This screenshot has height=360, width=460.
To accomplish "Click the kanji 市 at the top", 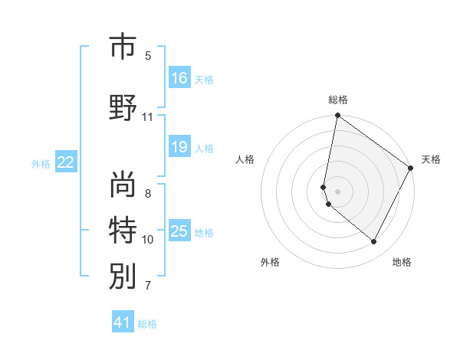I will click(123, 47).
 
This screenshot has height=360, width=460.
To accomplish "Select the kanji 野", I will click(123, 107).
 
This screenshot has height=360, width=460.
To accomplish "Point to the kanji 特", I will click(123, 229).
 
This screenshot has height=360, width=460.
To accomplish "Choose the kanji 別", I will click(123, 275).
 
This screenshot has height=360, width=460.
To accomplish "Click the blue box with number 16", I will click(179, 77).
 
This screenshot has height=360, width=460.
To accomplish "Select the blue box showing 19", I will click(179, 147).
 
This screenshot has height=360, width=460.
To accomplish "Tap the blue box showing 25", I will click(179, 231).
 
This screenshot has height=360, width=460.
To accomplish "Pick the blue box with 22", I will click(66, 162).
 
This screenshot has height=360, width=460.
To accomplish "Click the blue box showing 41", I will click(123, 322).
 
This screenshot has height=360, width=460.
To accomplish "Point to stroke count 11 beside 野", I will click(148, 117).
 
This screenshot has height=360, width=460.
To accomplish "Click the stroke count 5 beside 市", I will click(148, 56).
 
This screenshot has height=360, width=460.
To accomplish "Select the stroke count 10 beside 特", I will click(148, 240).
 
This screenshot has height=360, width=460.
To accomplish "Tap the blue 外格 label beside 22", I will click(41, 163).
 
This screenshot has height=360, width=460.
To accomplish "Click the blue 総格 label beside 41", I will click(147, 324).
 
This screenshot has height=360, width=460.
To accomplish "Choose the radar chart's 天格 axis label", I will click(431, 159).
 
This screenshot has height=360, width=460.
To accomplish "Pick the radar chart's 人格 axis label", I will click(245, 159).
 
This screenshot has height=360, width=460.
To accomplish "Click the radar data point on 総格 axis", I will click(337, 116).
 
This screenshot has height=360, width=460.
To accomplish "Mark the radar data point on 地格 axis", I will click(374, 242).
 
